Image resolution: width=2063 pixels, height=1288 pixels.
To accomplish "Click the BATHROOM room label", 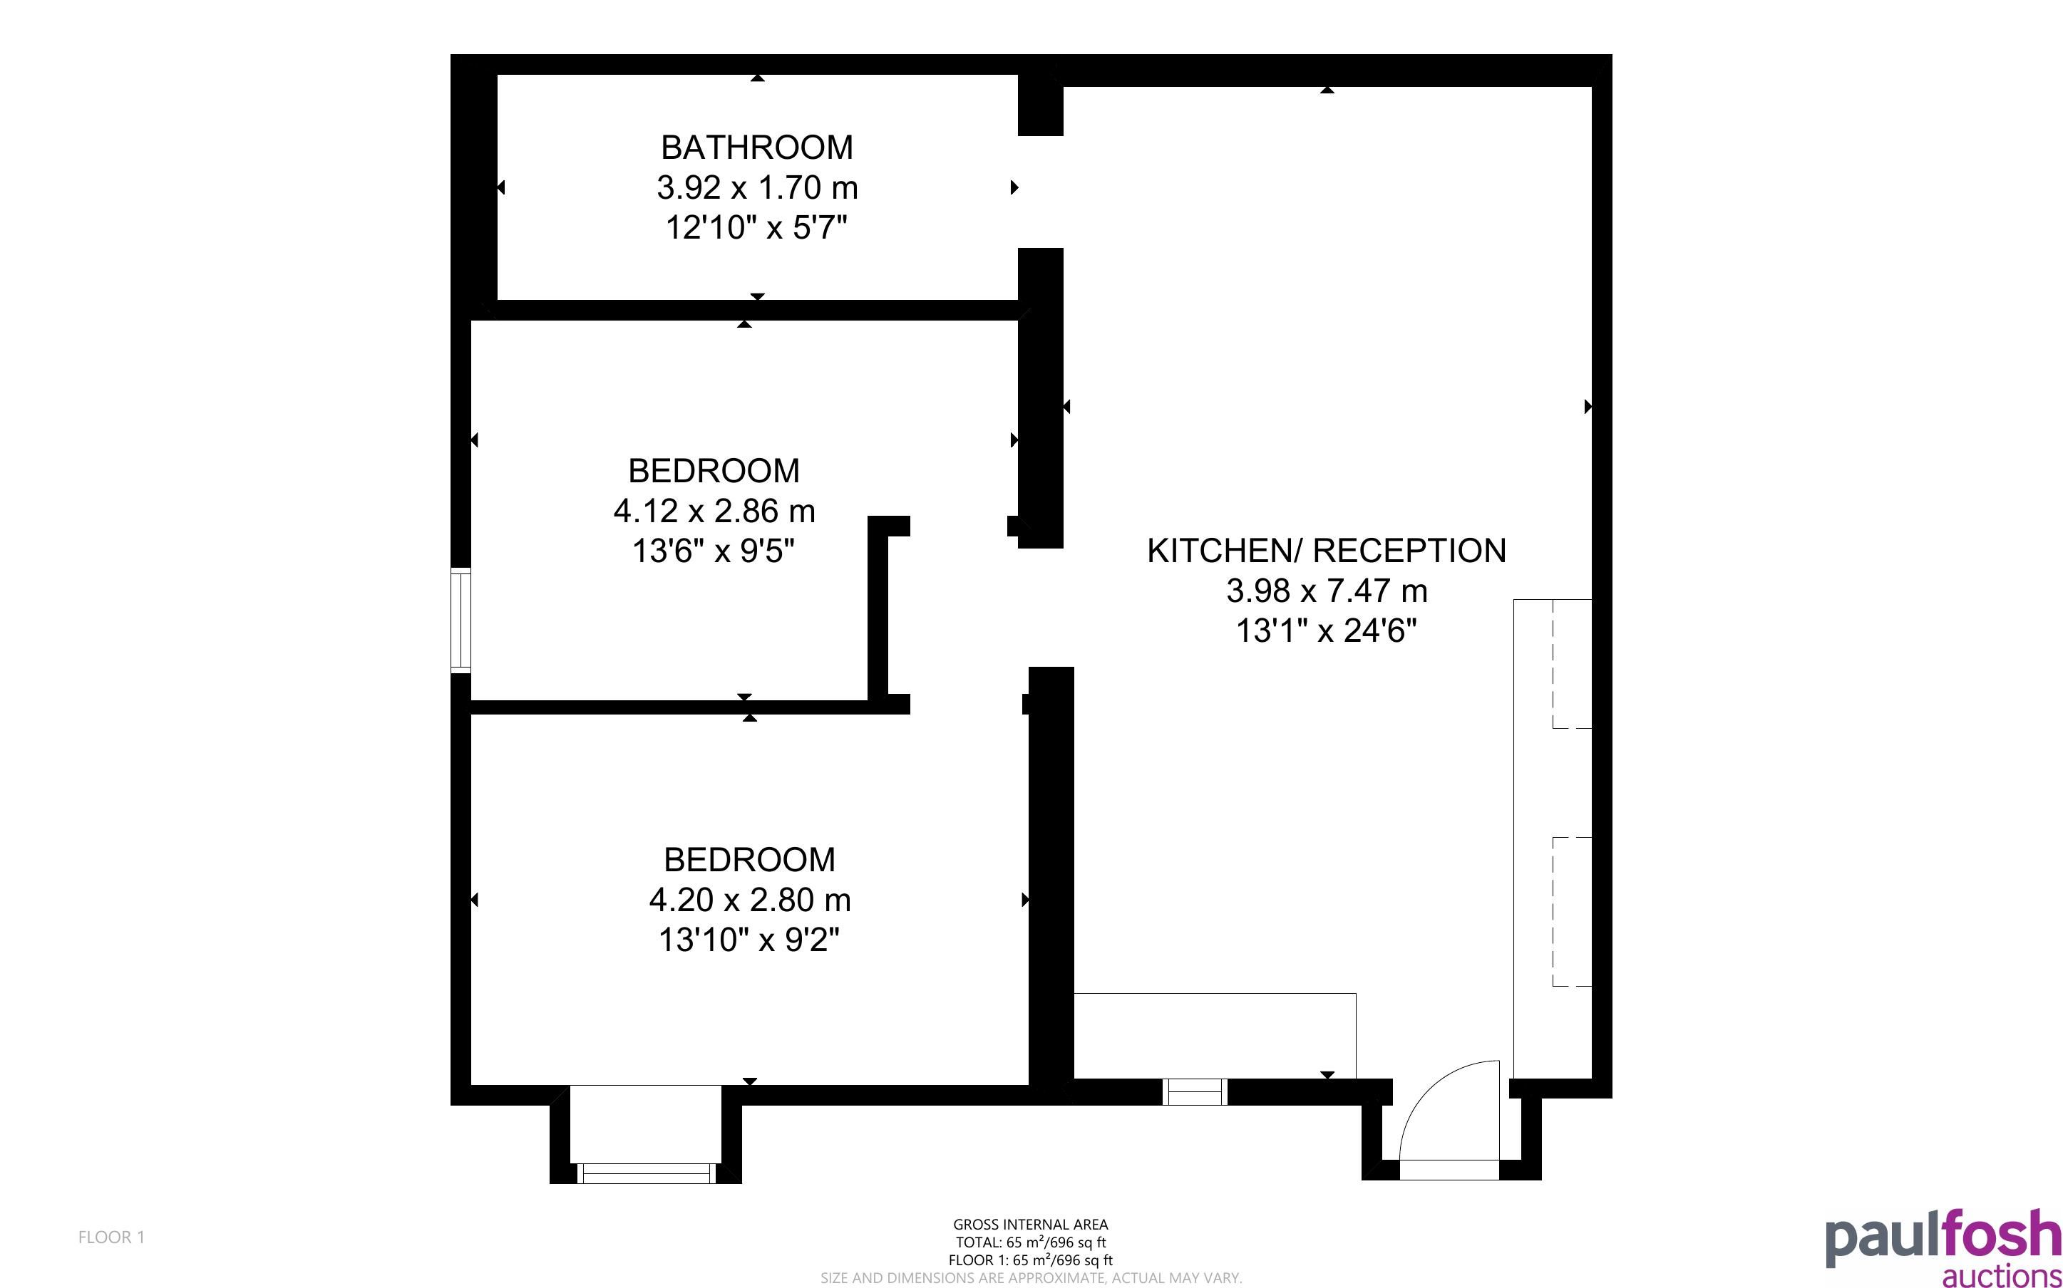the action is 756,147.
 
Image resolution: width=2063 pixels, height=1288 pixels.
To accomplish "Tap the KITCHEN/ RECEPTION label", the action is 1326,550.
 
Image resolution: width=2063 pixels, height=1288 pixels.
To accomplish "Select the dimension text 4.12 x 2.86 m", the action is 714,511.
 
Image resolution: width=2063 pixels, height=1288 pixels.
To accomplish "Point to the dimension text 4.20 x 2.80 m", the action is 750,900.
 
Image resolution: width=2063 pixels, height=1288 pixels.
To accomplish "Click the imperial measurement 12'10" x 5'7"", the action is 756,227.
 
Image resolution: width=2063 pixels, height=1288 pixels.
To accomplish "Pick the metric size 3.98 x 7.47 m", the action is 1327,591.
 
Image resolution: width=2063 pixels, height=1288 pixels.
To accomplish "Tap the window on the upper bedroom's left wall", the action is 461,620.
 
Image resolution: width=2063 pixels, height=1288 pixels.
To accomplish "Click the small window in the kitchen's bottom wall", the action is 1195,1091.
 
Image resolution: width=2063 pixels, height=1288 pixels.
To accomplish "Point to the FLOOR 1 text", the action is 112,1237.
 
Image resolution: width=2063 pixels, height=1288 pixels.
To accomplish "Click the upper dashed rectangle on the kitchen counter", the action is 1572,664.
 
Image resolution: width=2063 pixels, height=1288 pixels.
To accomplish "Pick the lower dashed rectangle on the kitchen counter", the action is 1572,911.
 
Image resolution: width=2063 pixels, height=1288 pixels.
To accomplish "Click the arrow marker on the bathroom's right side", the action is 1014,187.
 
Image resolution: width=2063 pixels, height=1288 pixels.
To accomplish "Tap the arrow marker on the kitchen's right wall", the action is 1588,406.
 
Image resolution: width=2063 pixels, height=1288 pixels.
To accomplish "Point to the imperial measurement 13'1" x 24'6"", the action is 1327,630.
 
